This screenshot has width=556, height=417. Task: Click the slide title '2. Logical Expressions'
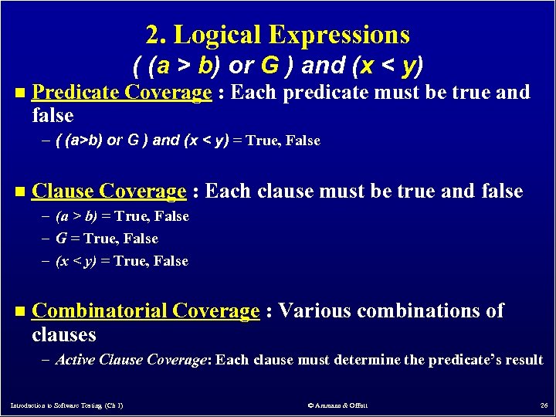tap(277, 35)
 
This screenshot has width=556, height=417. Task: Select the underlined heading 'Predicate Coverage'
tap(122, 93)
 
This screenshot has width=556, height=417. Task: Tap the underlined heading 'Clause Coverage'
tap(110, 191)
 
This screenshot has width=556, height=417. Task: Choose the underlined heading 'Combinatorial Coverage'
tap(146, 311)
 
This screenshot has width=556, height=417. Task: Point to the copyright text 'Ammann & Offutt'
tap(337, 405)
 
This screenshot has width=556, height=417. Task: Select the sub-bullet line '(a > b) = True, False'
tap(122, 216)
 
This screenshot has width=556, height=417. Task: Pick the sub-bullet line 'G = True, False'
tap(107, 239)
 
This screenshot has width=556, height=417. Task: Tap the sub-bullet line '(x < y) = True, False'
tap(122, 261)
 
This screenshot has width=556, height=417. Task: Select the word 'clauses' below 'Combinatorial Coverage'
tap(64, 334)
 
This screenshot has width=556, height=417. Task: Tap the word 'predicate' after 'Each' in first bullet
tap(326, 93)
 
